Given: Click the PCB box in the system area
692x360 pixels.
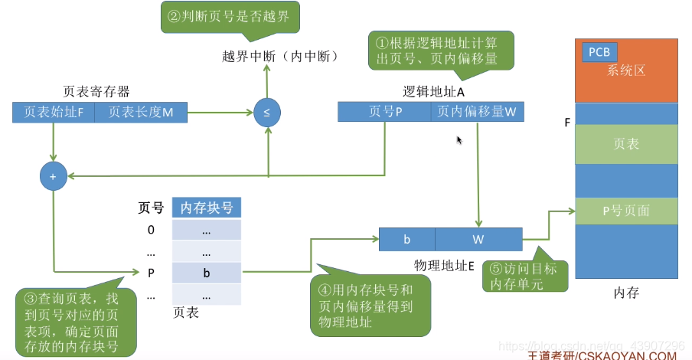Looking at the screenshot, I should tap(599, 52).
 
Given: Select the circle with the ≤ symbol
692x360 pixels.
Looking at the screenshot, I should tap(266, 113).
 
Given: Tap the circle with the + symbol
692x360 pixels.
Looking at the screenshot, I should tap(53, 177).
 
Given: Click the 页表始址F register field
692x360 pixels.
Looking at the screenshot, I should tap(54, 113).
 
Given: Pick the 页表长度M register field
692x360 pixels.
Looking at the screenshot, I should tap(140, 113).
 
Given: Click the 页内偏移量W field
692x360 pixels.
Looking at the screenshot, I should tap(476, 112).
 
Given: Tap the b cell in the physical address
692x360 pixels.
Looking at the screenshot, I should tap(407, 240).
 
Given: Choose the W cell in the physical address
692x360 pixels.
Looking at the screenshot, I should tap(478, 240).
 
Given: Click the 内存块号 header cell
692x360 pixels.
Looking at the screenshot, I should tap(207, 208).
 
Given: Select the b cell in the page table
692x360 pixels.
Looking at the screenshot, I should tap(207, 272).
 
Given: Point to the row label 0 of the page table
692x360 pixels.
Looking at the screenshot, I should tap(151, 230).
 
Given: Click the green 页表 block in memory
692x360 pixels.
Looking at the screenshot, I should tap(626, 144).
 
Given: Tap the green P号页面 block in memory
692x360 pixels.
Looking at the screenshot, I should tap(626, 211).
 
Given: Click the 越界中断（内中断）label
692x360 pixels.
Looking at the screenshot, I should tap(279, 57).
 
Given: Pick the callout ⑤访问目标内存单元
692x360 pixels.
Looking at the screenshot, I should tap(525, 276).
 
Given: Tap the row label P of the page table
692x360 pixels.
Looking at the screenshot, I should tap(151, 272).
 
